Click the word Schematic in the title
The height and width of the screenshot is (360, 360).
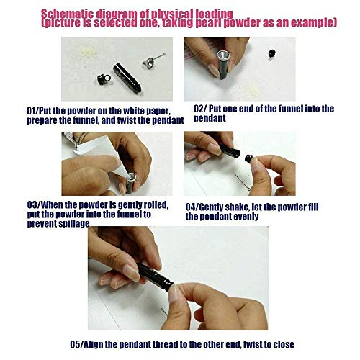coord(67,14)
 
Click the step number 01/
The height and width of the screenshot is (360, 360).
coord(32,111)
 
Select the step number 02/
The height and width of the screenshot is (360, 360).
coord(200,109)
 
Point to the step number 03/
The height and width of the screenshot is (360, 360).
coord(34,204)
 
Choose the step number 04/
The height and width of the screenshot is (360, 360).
coord(192,207)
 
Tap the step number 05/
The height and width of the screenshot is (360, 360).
coord(77,344)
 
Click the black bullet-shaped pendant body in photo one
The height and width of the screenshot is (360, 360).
coord(127,78)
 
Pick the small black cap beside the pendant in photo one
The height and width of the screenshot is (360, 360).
coord(104,79)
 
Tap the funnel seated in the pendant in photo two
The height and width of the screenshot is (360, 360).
coord(223,57)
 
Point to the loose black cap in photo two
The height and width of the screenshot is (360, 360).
coord(271,53)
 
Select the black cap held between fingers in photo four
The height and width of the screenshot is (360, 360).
coord(249,158)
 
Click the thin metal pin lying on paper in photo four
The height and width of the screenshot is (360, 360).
coord(243,182)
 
